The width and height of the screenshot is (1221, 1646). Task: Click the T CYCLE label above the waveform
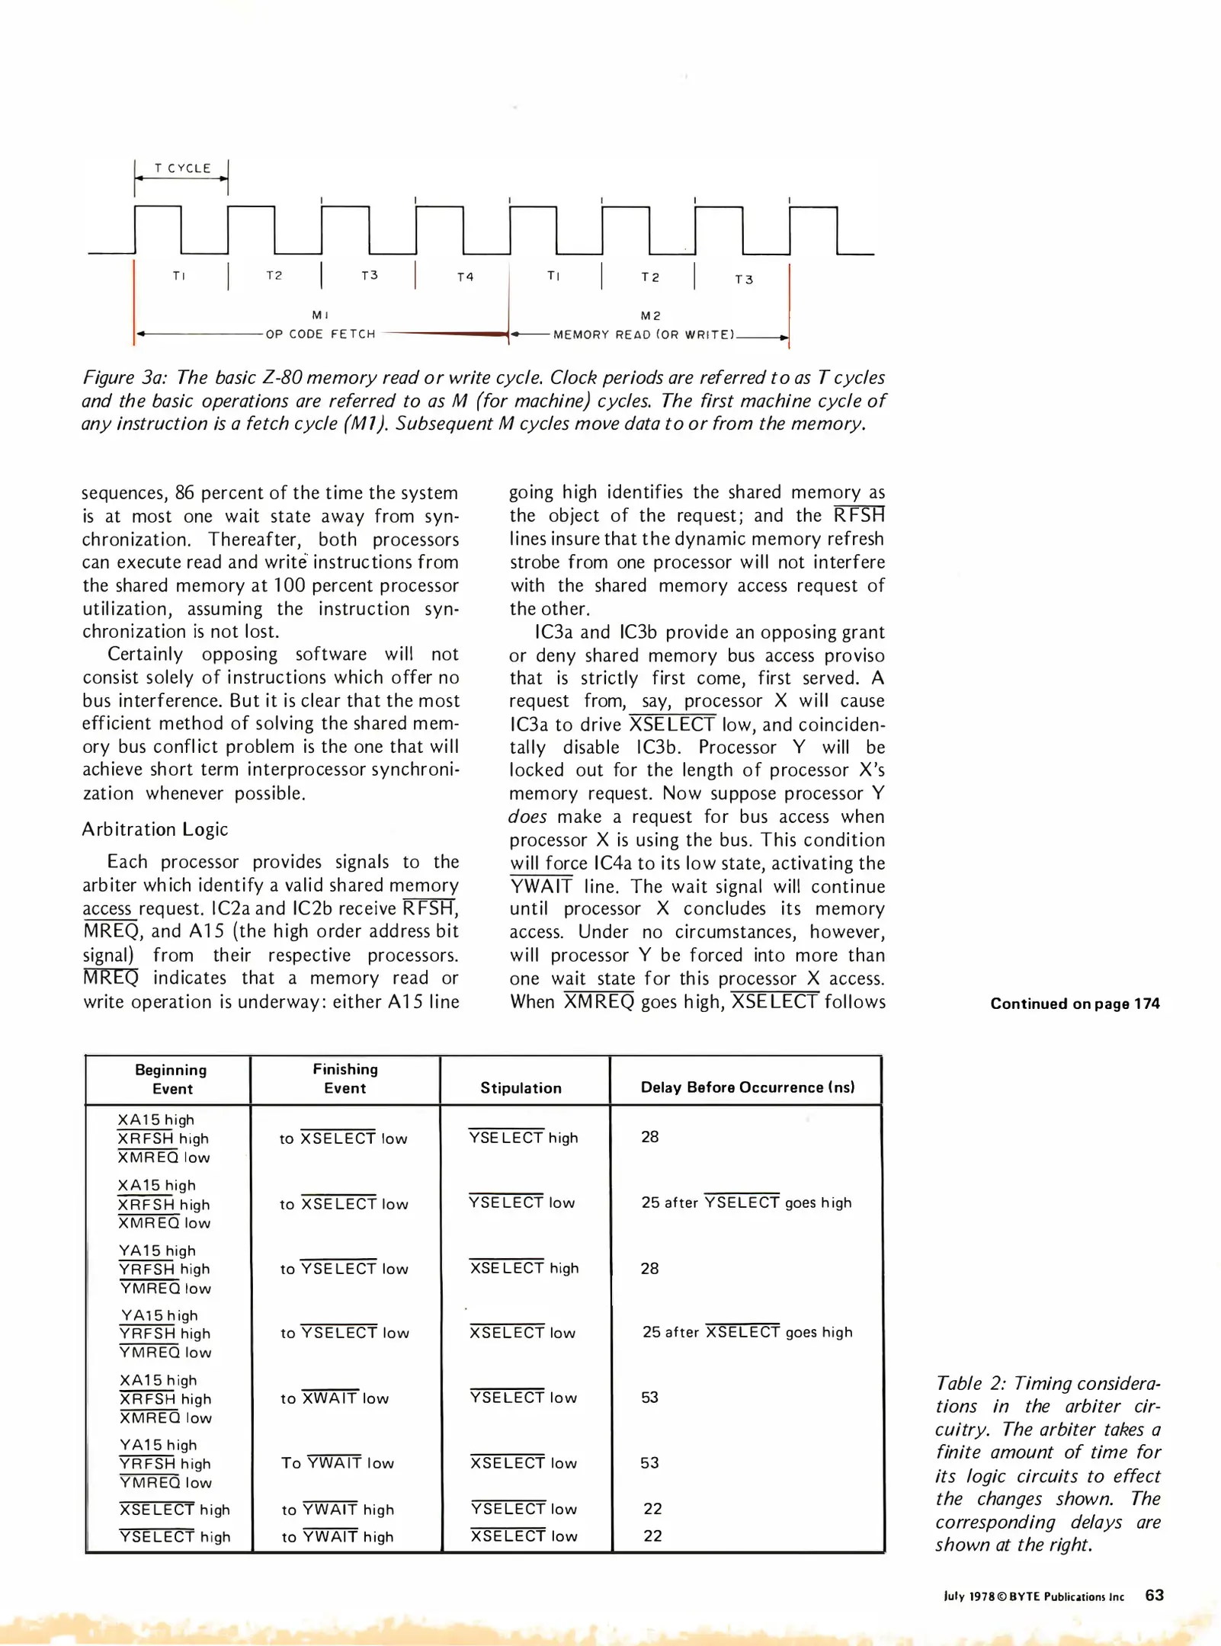click(x=182, y=168)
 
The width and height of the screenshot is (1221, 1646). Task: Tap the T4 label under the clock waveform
click(x=465, y=277)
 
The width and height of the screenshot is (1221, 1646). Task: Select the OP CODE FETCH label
click(x=320, y=335)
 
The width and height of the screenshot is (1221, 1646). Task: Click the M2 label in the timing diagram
click(x=651, y=315)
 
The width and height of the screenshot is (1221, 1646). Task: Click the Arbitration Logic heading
click(x=155, y=829)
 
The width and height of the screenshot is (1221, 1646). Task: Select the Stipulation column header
click(x=521, y=1088)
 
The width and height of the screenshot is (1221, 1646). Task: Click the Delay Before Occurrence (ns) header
click(x=747, y=1087)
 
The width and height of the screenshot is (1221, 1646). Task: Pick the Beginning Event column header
click(x=171, y=1079)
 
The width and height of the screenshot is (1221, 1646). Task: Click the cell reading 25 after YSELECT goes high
click(x=746, y=1202)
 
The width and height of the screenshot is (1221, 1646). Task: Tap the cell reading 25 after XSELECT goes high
click(x=747, y=1332)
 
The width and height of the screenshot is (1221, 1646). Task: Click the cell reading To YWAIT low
click(x=337, y=1463)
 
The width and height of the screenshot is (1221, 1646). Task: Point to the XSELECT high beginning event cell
click(x=175, y=1510)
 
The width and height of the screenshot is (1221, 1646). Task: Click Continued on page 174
click(x=1075, y=1004)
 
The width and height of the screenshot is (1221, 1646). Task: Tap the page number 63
click(x=1154, y=1596)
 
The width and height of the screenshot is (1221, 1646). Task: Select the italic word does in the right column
click(x=527, y=817)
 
